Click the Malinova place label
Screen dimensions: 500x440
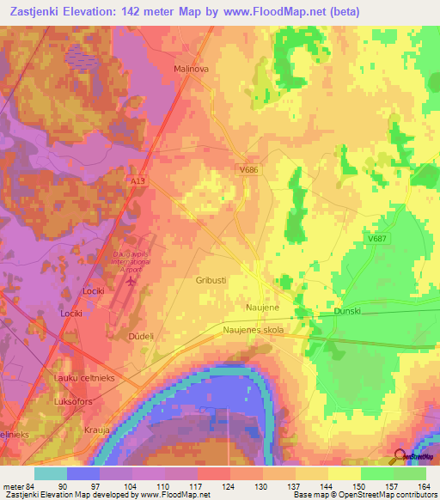[192, 68]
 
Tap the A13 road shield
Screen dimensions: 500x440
[138, 206]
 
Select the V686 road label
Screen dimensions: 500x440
[249, 171]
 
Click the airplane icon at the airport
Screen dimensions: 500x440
[131, 279]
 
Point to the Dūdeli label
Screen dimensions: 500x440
[140, 337]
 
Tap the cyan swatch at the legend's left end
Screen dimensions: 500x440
[50, 473]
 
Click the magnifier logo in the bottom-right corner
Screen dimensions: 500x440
[400, 457]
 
